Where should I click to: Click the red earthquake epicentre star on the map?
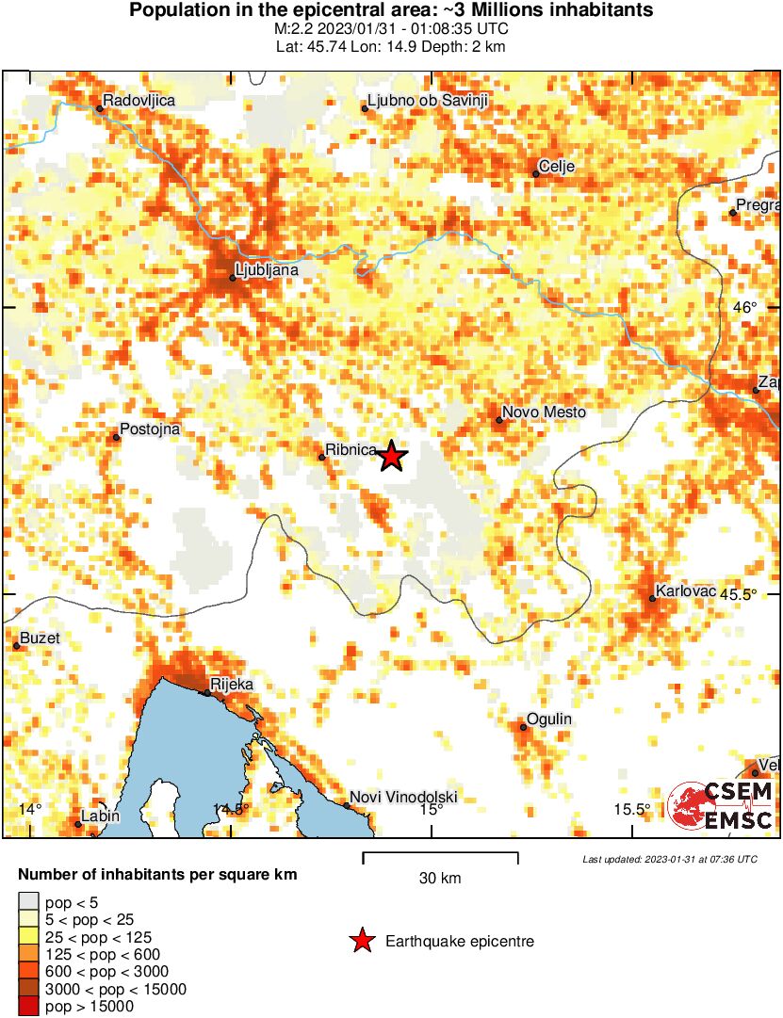click(x=392, y=457)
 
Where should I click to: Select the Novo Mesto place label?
click(x=544, y=412)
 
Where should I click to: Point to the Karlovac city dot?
click(x=652, y=598)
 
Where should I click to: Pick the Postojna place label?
click(x=146, y=429)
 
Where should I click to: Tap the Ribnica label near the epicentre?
click(x=351, y=450)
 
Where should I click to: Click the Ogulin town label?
click(x=549, y=719)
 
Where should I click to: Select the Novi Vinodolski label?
click(x=403, y=799)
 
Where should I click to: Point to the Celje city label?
click(x=556, y=167)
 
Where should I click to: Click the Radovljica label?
click(x=139, y=100)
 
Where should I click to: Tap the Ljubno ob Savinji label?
click(x=426, y=100)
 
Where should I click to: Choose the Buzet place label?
click(x=40, y=638)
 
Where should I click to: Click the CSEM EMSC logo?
click(x=722, y=805)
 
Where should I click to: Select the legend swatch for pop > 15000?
click(x=28, y=1007)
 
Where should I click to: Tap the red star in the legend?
click(x=361, y=941)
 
